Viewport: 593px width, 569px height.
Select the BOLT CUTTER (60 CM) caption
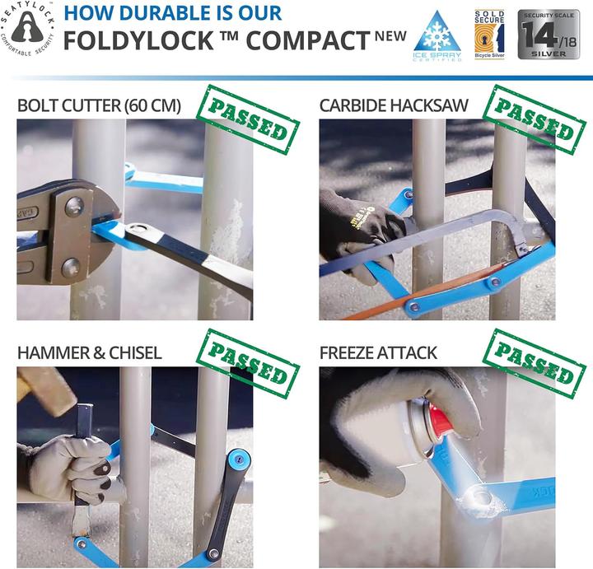[x=99, y=105]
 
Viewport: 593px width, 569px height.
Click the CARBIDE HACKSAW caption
[x=394, y=105]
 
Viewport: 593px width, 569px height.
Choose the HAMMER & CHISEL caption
[x=89, y=353]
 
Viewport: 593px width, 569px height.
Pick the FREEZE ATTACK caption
[x=378, y=353]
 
